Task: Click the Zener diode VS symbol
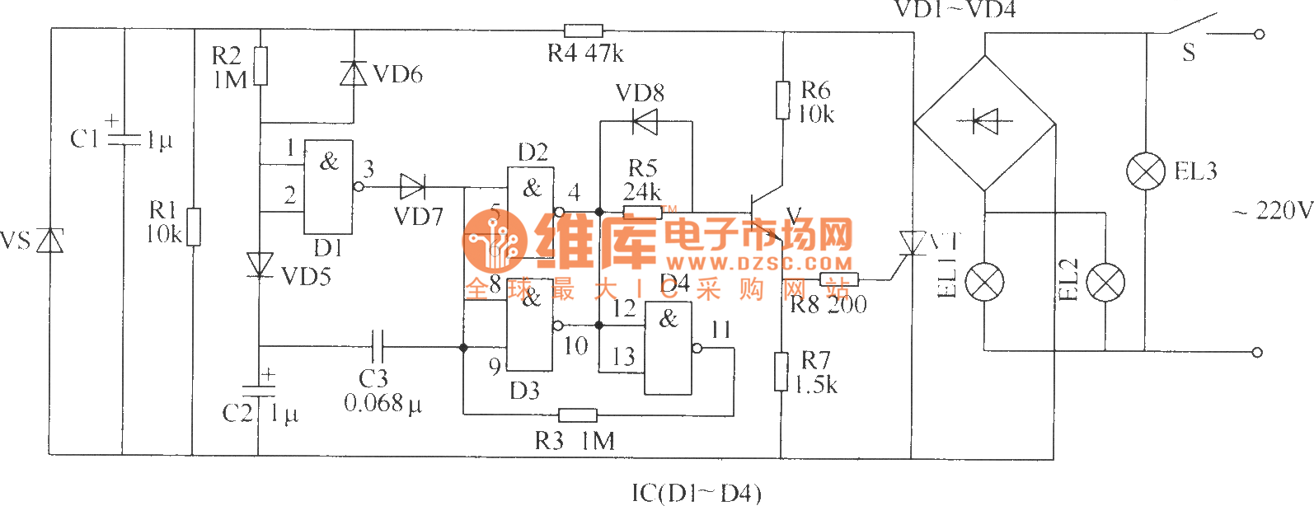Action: point(51,241)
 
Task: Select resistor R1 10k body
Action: point(193,227)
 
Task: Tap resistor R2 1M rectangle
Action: point(260,66)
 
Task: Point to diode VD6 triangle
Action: point(354,73)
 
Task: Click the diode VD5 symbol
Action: point(260,265)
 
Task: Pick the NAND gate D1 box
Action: point(328,187)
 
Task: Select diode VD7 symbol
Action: point(411,187)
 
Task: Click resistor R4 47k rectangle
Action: point(583,31)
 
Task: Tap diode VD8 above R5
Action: point(644,122)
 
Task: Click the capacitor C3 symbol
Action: point(378,347)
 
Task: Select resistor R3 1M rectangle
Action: point(577,415)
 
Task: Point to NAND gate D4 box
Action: point(668,348)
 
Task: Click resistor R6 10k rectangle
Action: point(782,99)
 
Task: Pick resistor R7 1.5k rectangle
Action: point(781,371)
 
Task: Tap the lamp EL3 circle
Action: point(1146,171)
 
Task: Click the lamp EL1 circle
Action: point(984,283)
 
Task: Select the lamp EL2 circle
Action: point(1105,283)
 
